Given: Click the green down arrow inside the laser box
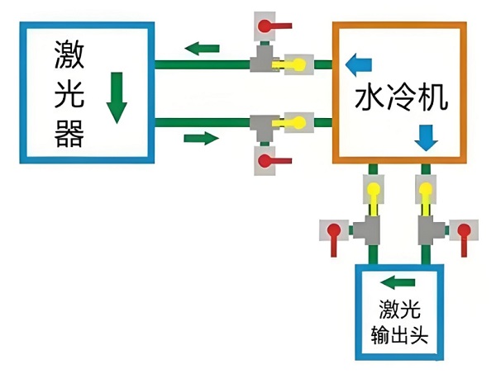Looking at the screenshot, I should coord(117,97).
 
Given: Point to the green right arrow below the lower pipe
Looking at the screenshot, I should coord(202,137).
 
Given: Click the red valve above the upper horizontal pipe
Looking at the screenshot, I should coord(267,26).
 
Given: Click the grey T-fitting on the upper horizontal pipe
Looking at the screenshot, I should coord(265,59).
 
